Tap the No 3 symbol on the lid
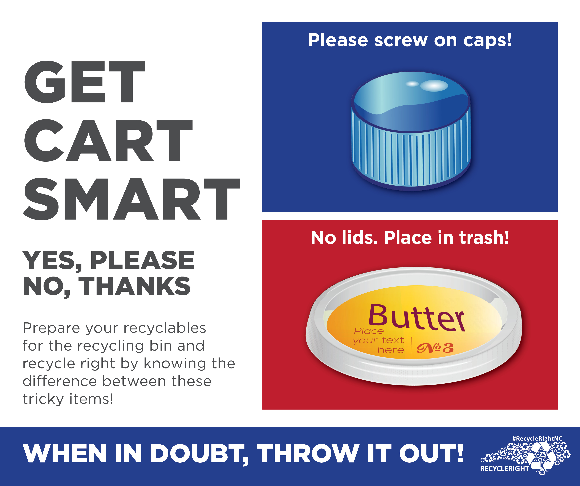[x=435, y=348]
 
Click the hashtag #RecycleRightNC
[x=537, y=438]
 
